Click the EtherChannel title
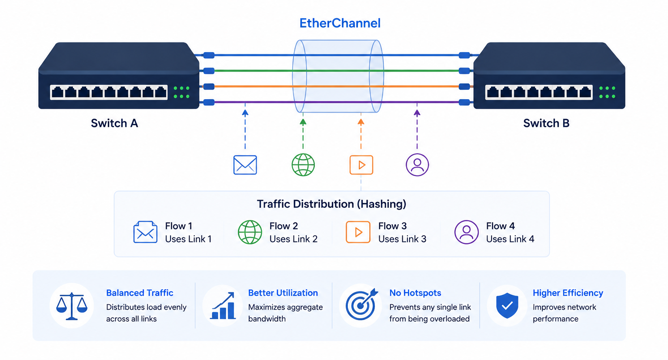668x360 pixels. (340, 23)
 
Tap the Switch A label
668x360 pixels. (114, 123)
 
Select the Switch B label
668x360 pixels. (546, 123)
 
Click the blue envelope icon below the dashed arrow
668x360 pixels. (245, 165)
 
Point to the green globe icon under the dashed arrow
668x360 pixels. (303, 165)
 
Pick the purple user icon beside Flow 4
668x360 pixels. (466, 232)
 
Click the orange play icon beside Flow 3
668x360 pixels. (358, 232)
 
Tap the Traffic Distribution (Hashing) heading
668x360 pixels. (332, 204)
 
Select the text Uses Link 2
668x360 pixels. (294, 239)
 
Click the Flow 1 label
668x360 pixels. (179, 226)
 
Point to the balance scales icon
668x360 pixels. (72, 306)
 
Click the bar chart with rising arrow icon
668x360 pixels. (223, 306)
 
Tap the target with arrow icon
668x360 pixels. (361, 305)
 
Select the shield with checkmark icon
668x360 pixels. (507, 306)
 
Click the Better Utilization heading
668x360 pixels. (283, 293)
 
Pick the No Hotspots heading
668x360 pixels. (415, 293)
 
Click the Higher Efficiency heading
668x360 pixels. (568, 293)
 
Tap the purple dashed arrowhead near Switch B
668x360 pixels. (417, 113)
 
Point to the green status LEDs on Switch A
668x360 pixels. (182, 92)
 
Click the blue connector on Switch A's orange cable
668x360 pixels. (209, 87)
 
